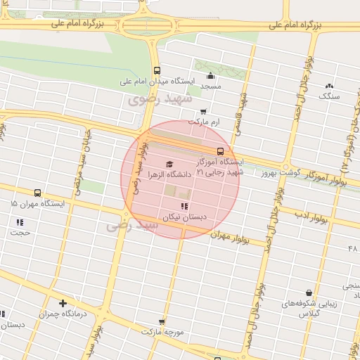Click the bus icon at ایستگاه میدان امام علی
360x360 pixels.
coord(157,70)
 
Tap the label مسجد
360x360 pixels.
coord(211,86)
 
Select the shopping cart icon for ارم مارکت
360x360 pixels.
coord(203,112)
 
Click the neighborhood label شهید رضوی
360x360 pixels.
coord(160,99)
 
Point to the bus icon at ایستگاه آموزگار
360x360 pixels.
coord(220,151)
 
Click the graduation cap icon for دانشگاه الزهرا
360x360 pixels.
coord(169,165)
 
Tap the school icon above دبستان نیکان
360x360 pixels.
coord(184,206)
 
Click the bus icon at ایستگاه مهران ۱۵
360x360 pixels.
coord(37,193)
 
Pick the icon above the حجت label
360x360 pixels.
coord(20,222)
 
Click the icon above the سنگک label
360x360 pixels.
coord(329,85)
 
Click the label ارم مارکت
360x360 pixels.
coord(205,122)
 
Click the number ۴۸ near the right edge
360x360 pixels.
coord(353,249)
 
